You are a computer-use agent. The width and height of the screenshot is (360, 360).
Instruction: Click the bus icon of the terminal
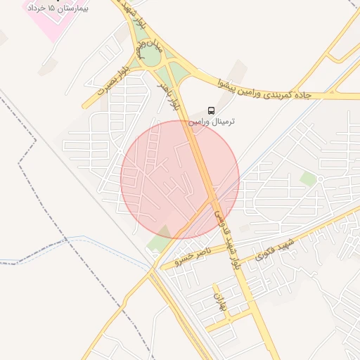[x=212, y=110]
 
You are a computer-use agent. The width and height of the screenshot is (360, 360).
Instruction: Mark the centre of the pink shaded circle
[x=180, y=179]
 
